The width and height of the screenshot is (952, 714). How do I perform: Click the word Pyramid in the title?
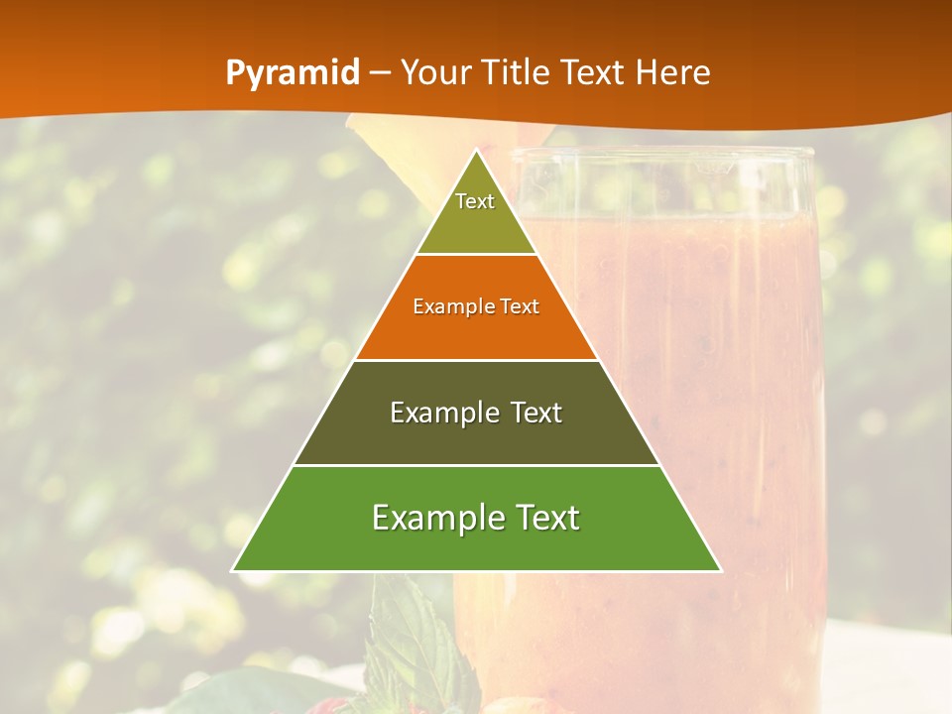[x=293, y=73]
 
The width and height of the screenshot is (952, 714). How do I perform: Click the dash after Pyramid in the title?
[x=380, y=73]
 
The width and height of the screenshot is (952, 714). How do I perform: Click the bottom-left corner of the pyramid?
[x=234, y=570]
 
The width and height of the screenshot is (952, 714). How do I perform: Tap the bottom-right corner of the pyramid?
[x=719, y=570]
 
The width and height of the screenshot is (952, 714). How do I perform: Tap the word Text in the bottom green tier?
[x=544, y=518]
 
